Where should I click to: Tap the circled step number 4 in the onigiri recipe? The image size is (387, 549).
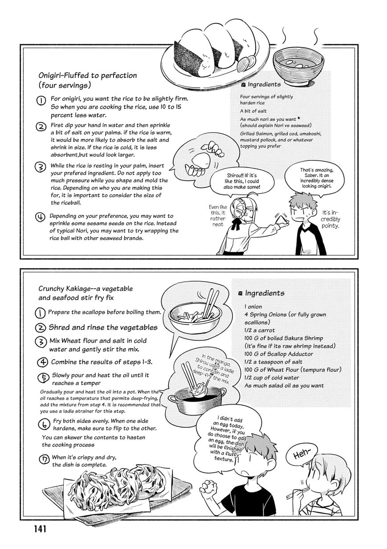pos(41,217)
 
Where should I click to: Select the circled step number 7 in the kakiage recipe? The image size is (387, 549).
pos(44,459)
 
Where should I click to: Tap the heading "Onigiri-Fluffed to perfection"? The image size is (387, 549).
pos(88,75)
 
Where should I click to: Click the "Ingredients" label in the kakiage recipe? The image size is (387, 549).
pos(265,293)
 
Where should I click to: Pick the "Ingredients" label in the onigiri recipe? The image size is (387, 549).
pos(264,84)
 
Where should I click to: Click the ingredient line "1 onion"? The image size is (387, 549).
pos(253,307)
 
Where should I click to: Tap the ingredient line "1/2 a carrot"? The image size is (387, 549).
pos(260,330)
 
